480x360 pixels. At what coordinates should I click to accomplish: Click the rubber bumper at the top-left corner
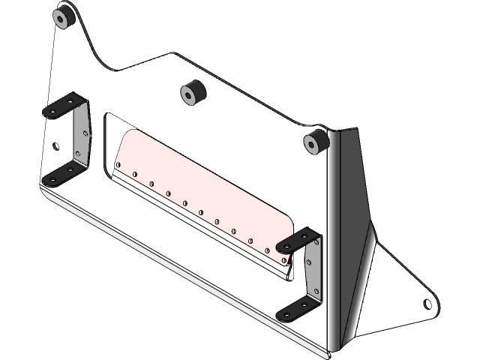pos(63,17)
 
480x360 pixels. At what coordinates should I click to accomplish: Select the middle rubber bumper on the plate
pos(193,94)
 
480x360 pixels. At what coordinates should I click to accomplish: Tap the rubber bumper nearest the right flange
pos(315,141)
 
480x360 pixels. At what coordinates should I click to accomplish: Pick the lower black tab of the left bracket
pos(60,175)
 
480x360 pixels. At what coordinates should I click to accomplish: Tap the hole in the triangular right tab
pos(427,304)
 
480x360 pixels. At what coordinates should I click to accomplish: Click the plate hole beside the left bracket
pos(55,145)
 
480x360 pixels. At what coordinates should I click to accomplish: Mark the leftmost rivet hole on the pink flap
pos(118,166)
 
